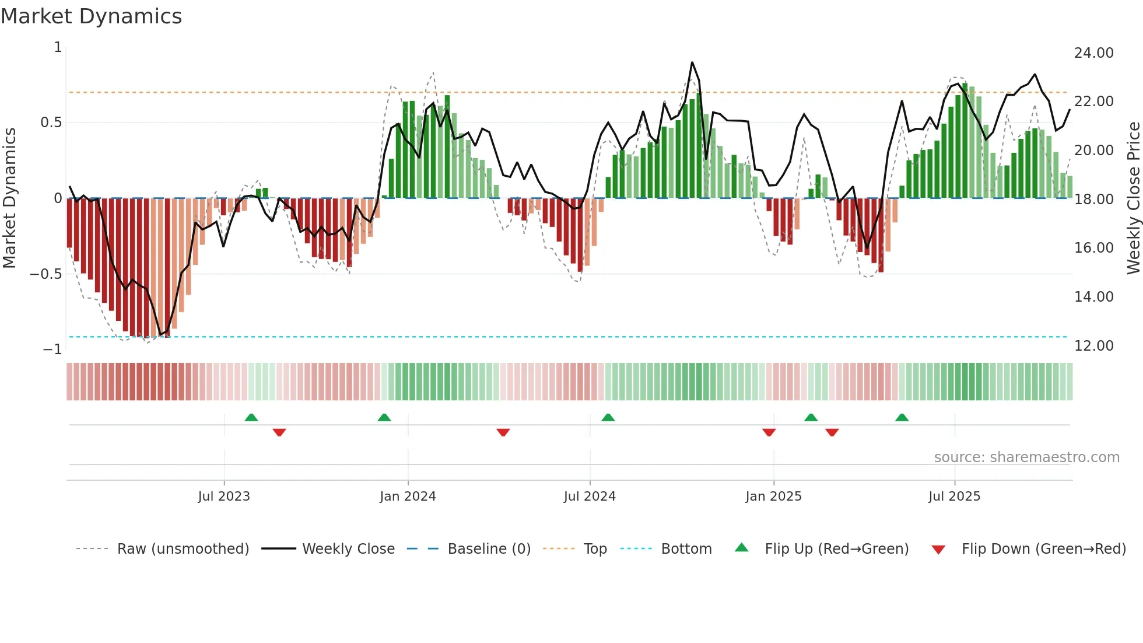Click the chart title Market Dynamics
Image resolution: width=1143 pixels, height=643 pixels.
91,16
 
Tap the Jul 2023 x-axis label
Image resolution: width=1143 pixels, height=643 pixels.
224,497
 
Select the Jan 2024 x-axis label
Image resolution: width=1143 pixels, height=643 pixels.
408,497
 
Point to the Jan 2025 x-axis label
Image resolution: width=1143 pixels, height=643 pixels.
773,497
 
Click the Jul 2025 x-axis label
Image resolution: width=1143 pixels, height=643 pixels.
954,497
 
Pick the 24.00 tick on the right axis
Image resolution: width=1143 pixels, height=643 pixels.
1093,53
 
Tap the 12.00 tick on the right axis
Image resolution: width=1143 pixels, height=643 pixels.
1093,346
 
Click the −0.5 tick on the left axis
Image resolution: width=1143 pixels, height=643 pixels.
45,274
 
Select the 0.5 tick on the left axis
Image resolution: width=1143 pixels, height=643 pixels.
51,123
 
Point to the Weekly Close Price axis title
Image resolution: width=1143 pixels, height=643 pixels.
1133,198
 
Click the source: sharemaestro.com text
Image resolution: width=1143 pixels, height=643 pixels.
1026,457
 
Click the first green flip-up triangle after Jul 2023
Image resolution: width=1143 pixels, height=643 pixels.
251,418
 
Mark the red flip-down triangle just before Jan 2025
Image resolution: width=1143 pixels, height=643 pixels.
769,432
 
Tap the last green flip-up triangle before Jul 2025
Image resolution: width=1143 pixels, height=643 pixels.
902,418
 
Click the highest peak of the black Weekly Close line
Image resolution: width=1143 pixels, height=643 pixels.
692,62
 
